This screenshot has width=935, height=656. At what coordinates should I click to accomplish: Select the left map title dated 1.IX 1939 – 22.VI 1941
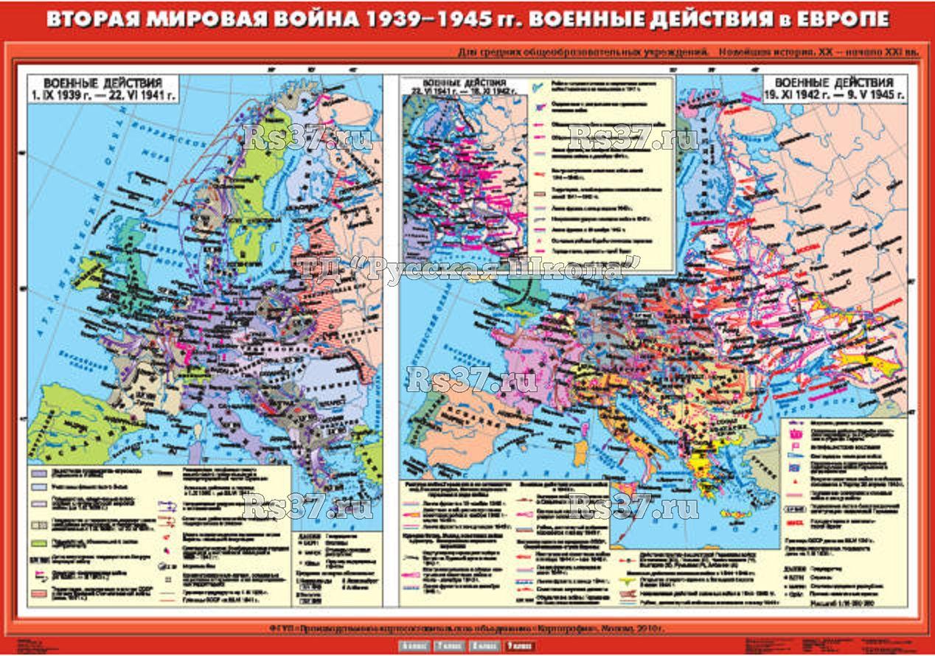click(102, 89)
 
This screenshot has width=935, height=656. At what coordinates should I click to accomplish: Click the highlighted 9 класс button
click(519, 647)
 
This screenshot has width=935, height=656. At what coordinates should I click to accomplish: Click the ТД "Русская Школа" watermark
click(467, 268)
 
